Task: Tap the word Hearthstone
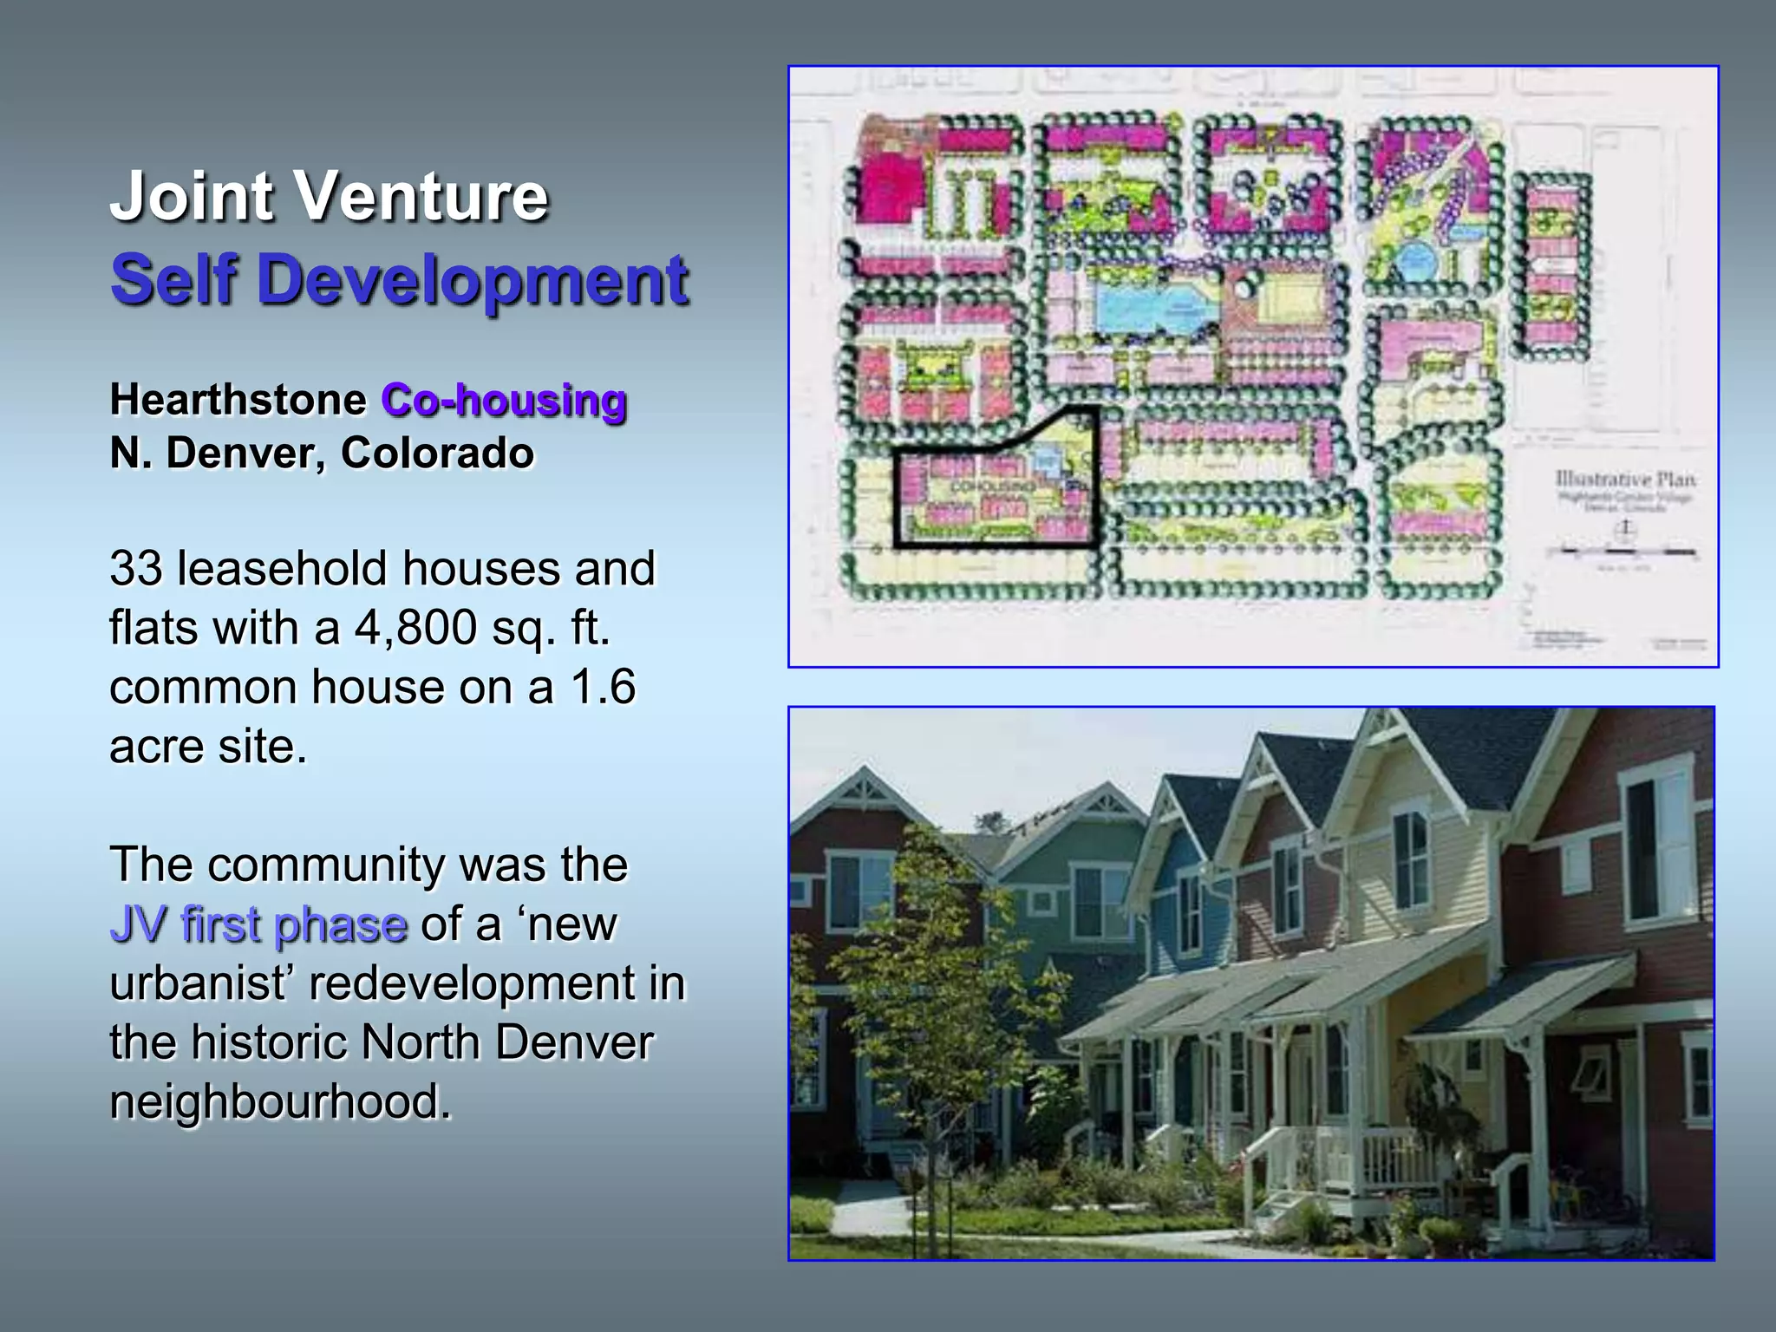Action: tap(238, 400)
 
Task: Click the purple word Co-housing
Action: tap(504, 401)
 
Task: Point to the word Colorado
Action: tap(437, 454)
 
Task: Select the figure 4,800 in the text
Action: tap(415, 628)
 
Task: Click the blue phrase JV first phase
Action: tap(258, 924)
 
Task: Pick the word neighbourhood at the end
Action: tap(280, 1102)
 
